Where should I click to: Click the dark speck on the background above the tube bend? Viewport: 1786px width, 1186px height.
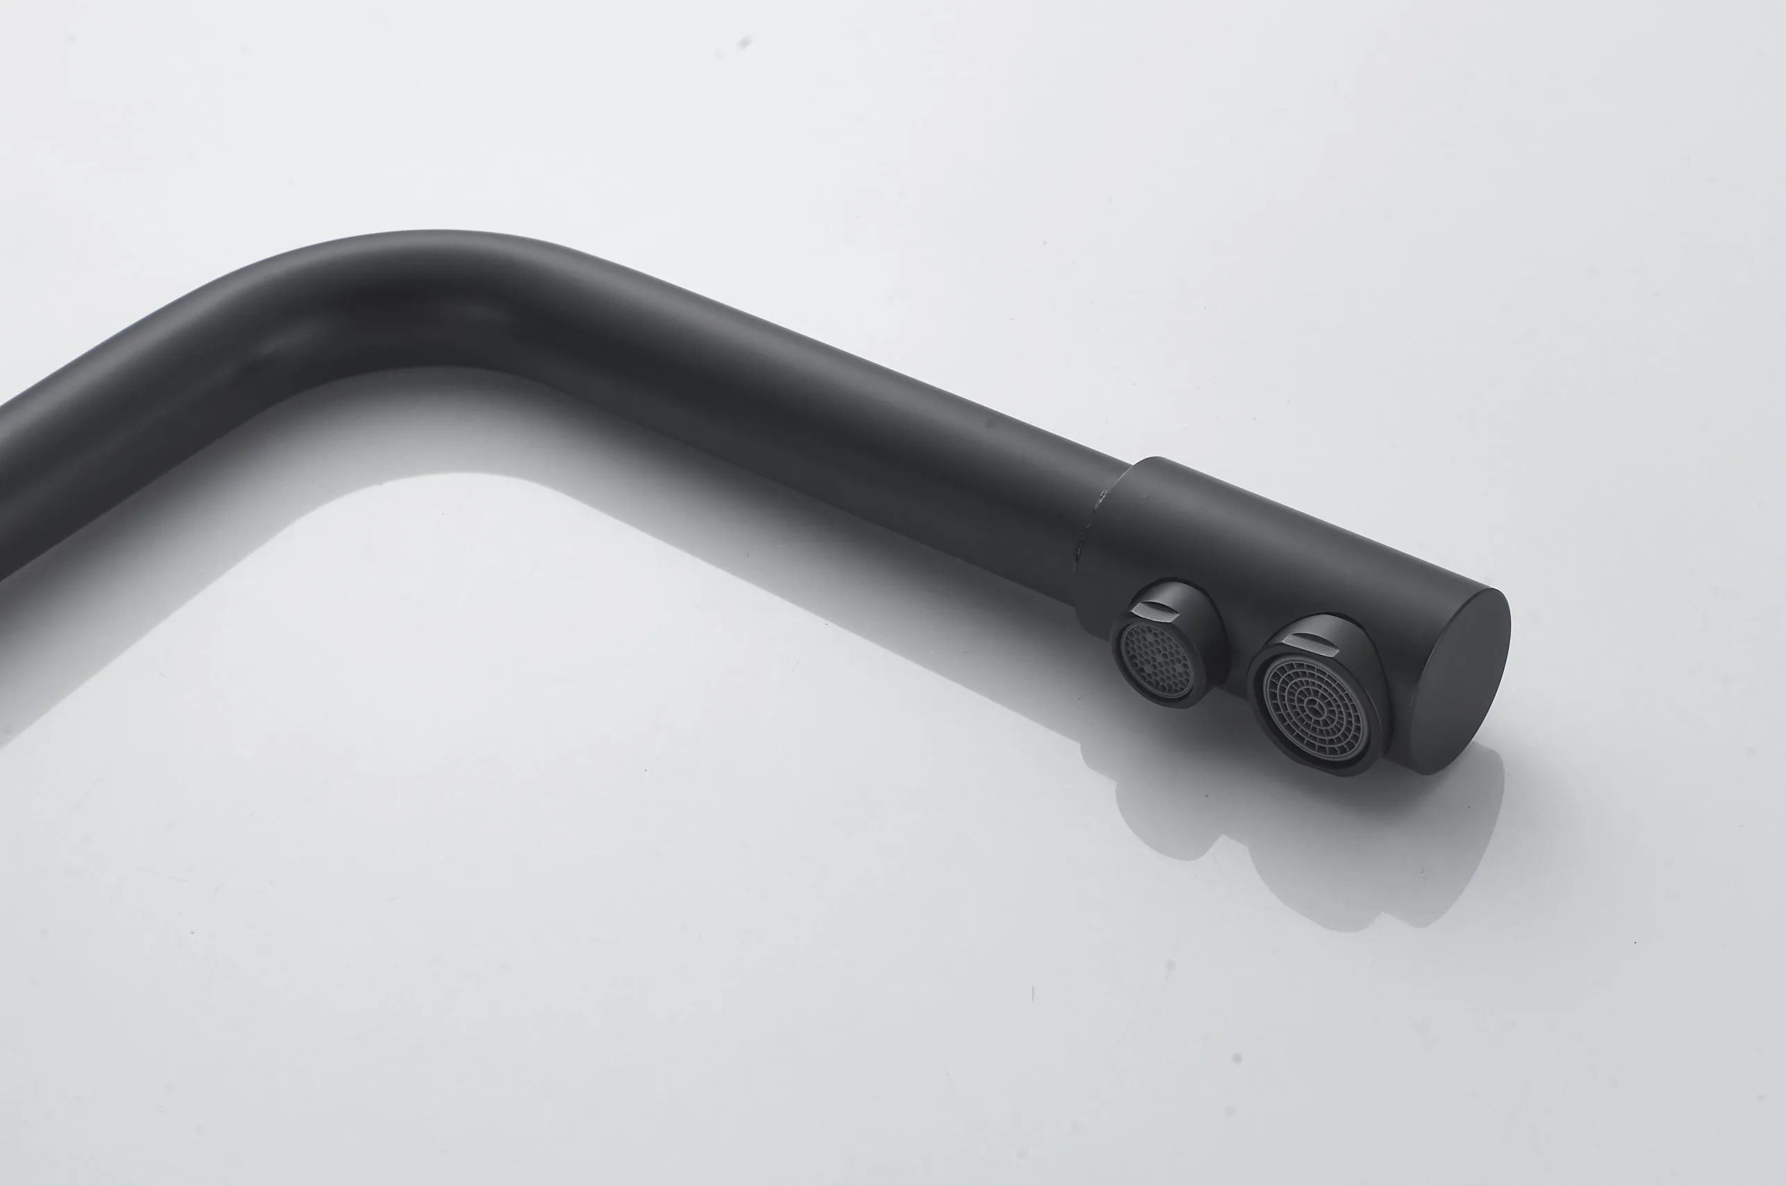[743, 43]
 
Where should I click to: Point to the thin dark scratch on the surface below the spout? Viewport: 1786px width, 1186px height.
[1033, 994]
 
